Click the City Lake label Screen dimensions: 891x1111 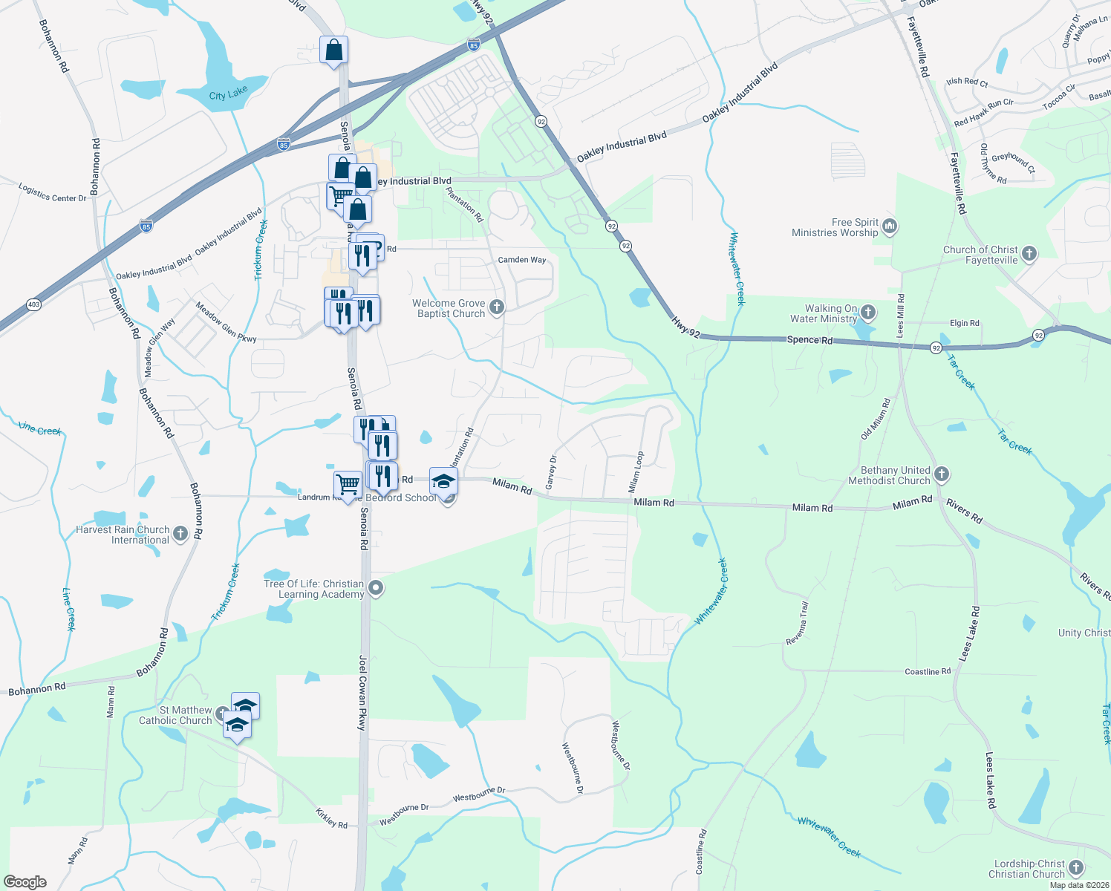click(228, 94)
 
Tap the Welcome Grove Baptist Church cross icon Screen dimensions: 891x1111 click(498, 307)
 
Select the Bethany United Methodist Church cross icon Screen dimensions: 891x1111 click(942, 474)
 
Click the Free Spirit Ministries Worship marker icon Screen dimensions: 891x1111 click(890, 226)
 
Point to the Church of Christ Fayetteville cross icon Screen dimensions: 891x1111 click(1029, 254)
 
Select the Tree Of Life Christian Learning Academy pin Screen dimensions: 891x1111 click(376, 589)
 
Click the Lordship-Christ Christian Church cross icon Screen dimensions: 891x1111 click(1077, 868)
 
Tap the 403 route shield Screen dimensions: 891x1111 click(33, 304)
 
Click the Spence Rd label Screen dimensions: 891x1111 click(809, 339)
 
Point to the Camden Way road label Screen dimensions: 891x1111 click(521, 260)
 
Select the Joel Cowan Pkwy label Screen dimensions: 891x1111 click(362, 692)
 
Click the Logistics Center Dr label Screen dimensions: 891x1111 click(52, 193)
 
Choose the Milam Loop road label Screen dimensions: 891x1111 click(635, 472)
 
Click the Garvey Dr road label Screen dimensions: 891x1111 click(551, 473)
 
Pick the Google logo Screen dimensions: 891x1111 click(25, 882)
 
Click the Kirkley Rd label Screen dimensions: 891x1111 click(331, 819)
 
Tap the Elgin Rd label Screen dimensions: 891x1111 click(964, 323)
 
